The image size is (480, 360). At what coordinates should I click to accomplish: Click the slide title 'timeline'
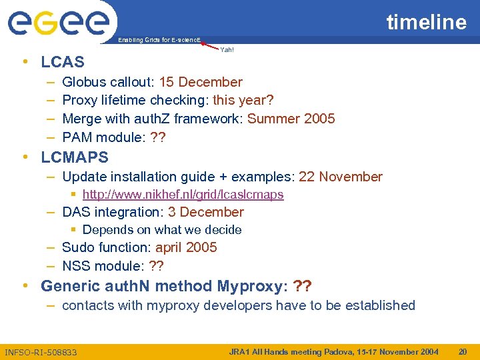[427, 22]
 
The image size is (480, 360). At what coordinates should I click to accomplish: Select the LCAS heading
[63, 62]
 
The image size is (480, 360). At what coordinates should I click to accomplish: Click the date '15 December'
[201, 82]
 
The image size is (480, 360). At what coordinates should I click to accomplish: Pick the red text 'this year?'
[243, 100]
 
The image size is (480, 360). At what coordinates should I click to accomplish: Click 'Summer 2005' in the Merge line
[291, 119]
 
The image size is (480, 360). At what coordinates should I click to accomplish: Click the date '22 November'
[341, 177]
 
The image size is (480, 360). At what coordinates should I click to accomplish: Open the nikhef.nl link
[183, 195]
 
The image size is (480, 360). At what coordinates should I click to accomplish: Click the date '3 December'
[206, 212]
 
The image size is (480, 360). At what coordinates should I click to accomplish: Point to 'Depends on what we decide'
[162, 229]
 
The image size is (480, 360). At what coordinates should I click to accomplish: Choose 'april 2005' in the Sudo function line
[186, 247]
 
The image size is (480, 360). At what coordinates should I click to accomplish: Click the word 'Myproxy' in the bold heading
[248, 287]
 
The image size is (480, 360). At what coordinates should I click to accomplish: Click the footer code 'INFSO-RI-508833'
[41, 352]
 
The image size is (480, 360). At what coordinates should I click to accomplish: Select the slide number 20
[463, 351]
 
